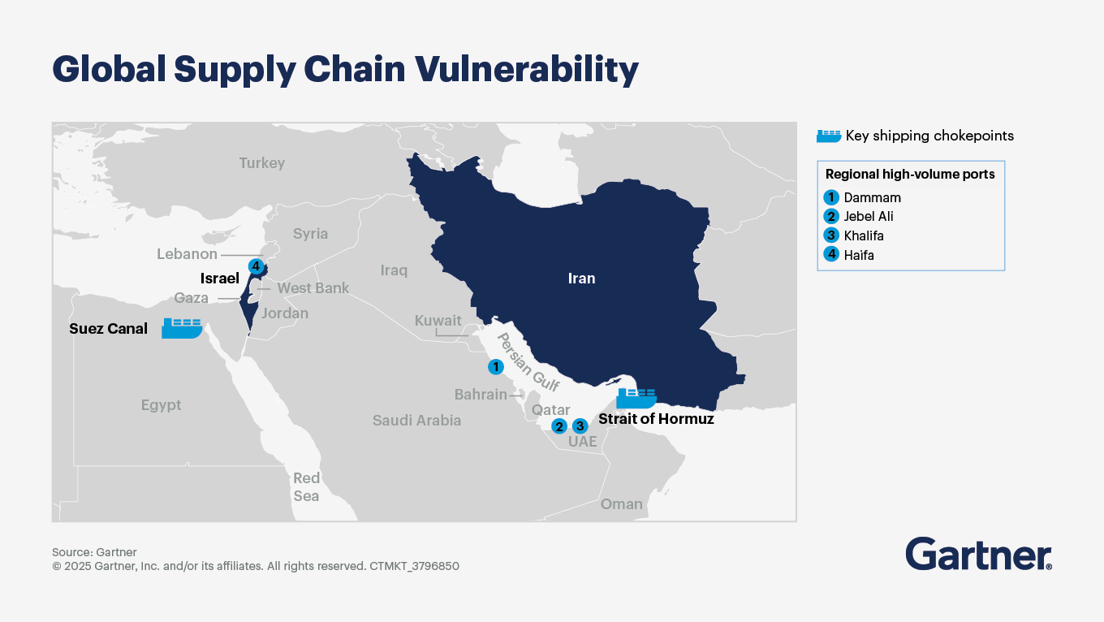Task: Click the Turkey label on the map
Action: coord(261,163)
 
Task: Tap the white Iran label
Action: coord(581,279)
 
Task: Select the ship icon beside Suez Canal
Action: coord(182,327)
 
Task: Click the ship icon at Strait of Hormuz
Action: coord(636,397)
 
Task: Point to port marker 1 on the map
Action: coord(495,367)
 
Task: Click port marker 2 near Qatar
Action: coord(558,426)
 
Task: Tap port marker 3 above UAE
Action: coord(580,425)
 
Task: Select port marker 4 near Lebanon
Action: coord(256,266)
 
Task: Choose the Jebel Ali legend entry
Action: coord(868,217)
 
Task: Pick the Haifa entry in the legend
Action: coord(858,255)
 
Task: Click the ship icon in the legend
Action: coord(828,136)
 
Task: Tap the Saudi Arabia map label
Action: coord(416,421)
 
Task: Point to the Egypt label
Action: coord(161,405)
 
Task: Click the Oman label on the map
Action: coord(621,504)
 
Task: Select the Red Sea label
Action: coord(306,487)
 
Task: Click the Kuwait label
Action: coord(438,321)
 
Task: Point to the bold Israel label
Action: coord(219,279)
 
